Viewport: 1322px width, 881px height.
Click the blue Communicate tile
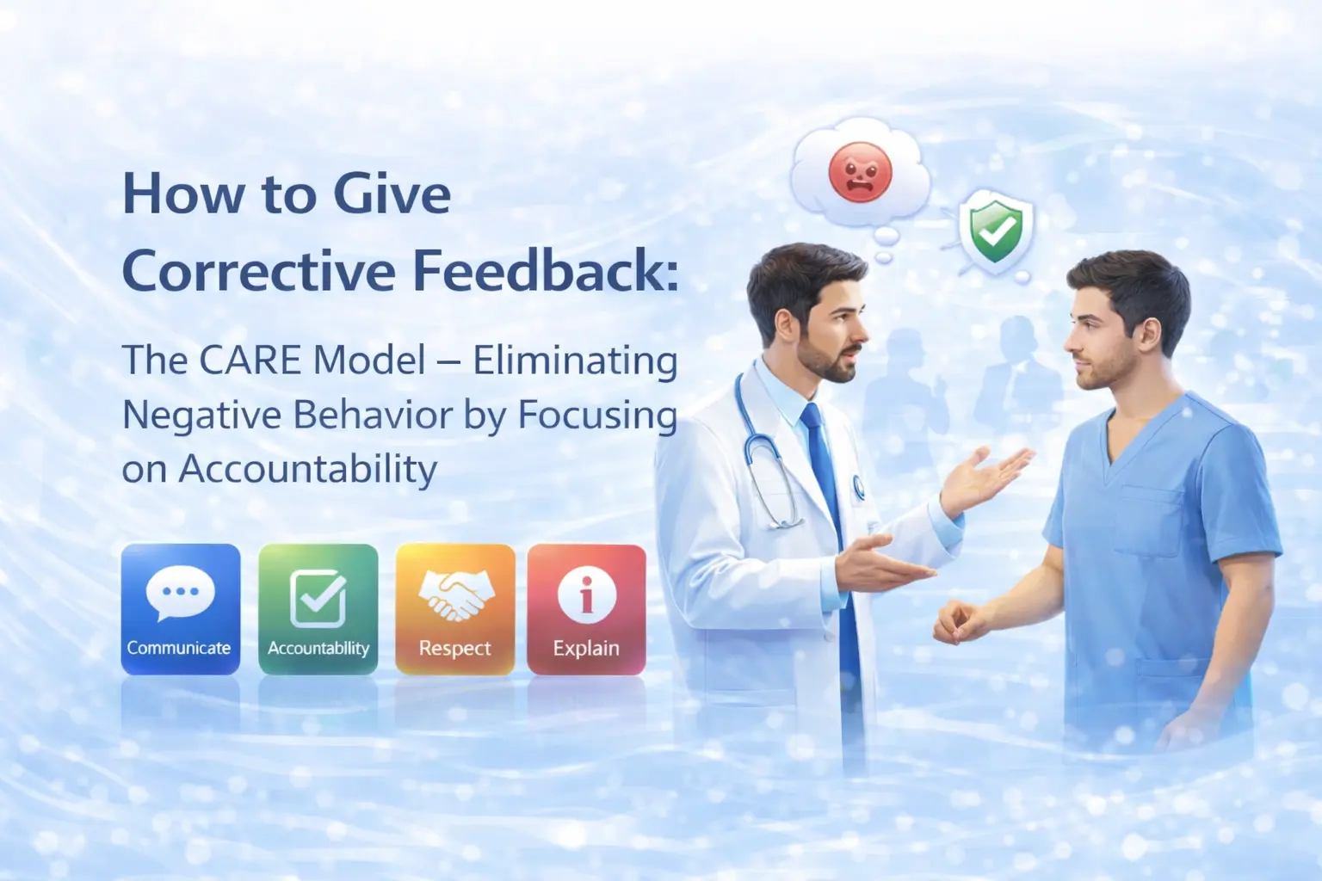pos(181,609)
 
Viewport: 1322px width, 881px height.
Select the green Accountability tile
pos(318,609)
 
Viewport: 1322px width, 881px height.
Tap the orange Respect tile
pos(455,609)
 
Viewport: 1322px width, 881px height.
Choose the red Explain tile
pos(587,609)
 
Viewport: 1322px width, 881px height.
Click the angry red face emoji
pos(861,172)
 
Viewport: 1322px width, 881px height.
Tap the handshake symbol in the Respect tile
pos(455,594)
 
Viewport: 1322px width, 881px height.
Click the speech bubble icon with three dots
pos(180,592)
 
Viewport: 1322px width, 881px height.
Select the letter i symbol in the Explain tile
pos(587,595)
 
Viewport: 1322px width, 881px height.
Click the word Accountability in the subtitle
pos(307,470)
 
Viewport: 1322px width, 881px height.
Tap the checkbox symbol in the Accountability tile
pos(318,598)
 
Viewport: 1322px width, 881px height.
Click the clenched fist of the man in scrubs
pos(957,623)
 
